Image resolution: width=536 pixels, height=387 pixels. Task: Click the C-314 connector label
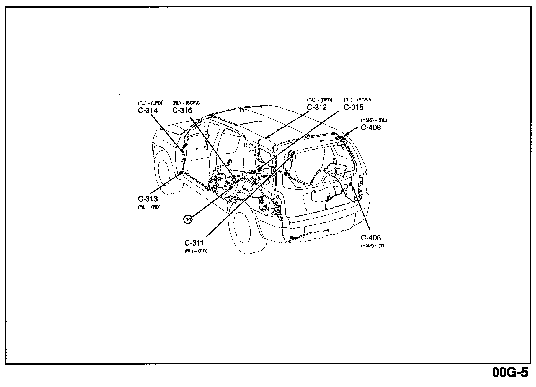point(148,111)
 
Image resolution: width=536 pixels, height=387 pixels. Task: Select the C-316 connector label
point(182,111)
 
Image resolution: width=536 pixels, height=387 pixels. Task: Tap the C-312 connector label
point(317,108)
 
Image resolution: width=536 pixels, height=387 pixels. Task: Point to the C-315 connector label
point(353,108)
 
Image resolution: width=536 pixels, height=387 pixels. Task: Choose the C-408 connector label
point(371,128)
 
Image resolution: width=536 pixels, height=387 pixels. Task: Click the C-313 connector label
point(148,199)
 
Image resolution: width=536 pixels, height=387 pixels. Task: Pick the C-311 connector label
point(194,243)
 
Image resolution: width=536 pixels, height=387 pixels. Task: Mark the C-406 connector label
point(371,238)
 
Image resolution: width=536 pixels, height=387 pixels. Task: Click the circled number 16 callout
point(188,219)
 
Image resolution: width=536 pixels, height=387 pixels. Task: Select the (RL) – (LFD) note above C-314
point(150,103)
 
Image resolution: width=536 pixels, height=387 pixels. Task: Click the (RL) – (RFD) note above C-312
point(319,100)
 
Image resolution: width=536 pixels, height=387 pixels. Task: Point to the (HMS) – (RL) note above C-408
point(374,120)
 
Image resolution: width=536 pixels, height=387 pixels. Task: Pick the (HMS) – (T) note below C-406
point(372,246)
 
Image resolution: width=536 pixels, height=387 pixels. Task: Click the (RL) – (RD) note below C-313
point(149,207)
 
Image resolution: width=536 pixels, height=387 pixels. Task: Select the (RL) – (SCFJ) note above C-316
point(186,103)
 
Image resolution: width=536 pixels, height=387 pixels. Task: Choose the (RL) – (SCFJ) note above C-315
point(357,100)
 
